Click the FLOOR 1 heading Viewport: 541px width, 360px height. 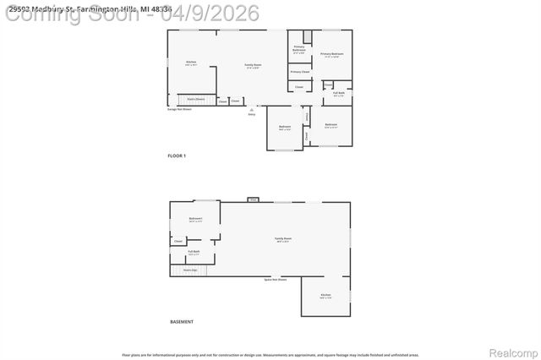pos(177,155)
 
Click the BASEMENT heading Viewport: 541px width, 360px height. pos(181,322)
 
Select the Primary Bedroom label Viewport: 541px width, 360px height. pos(331,55)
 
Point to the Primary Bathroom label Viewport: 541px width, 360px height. pos(299,49)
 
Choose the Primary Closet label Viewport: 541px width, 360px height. pos(300,72)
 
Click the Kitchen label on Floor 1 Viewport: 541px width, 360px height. pos(191,63)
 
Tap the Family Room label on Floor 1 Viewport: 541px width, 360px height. pos(253,65)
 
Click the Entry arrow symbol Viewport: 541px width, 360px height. pos(251,108)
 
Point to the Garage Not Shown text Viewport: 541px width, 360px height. pos(179,108)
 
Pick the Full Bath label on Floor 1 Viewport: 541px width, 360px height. pos(338,94)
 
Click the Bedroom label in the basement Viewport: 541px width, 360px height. pos(195,220)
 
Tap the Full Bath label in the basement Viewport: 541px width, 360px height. pos(194,251)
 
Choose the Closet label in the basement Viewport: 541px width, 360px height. pos(178,241)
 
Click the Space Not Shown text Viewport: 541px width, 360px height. pos(275,279)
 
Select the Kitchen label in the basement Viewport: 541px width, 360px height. pos(325,296)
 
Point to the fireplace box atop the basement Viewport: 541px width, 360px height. pos(252,199)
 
